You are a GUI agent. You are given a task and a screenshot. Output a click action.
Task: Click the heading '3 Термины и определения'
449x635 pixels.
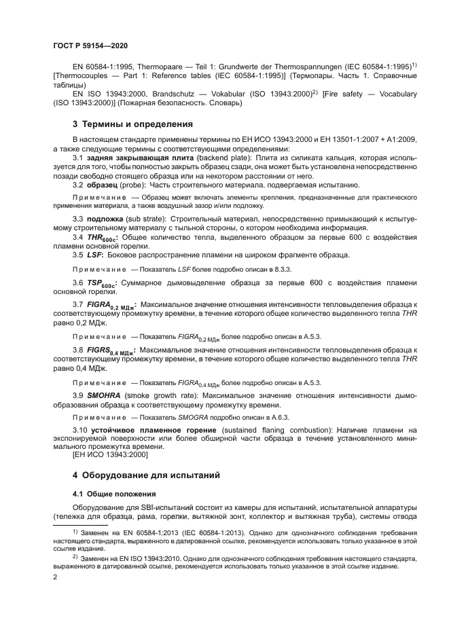(x=123, y=124)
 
